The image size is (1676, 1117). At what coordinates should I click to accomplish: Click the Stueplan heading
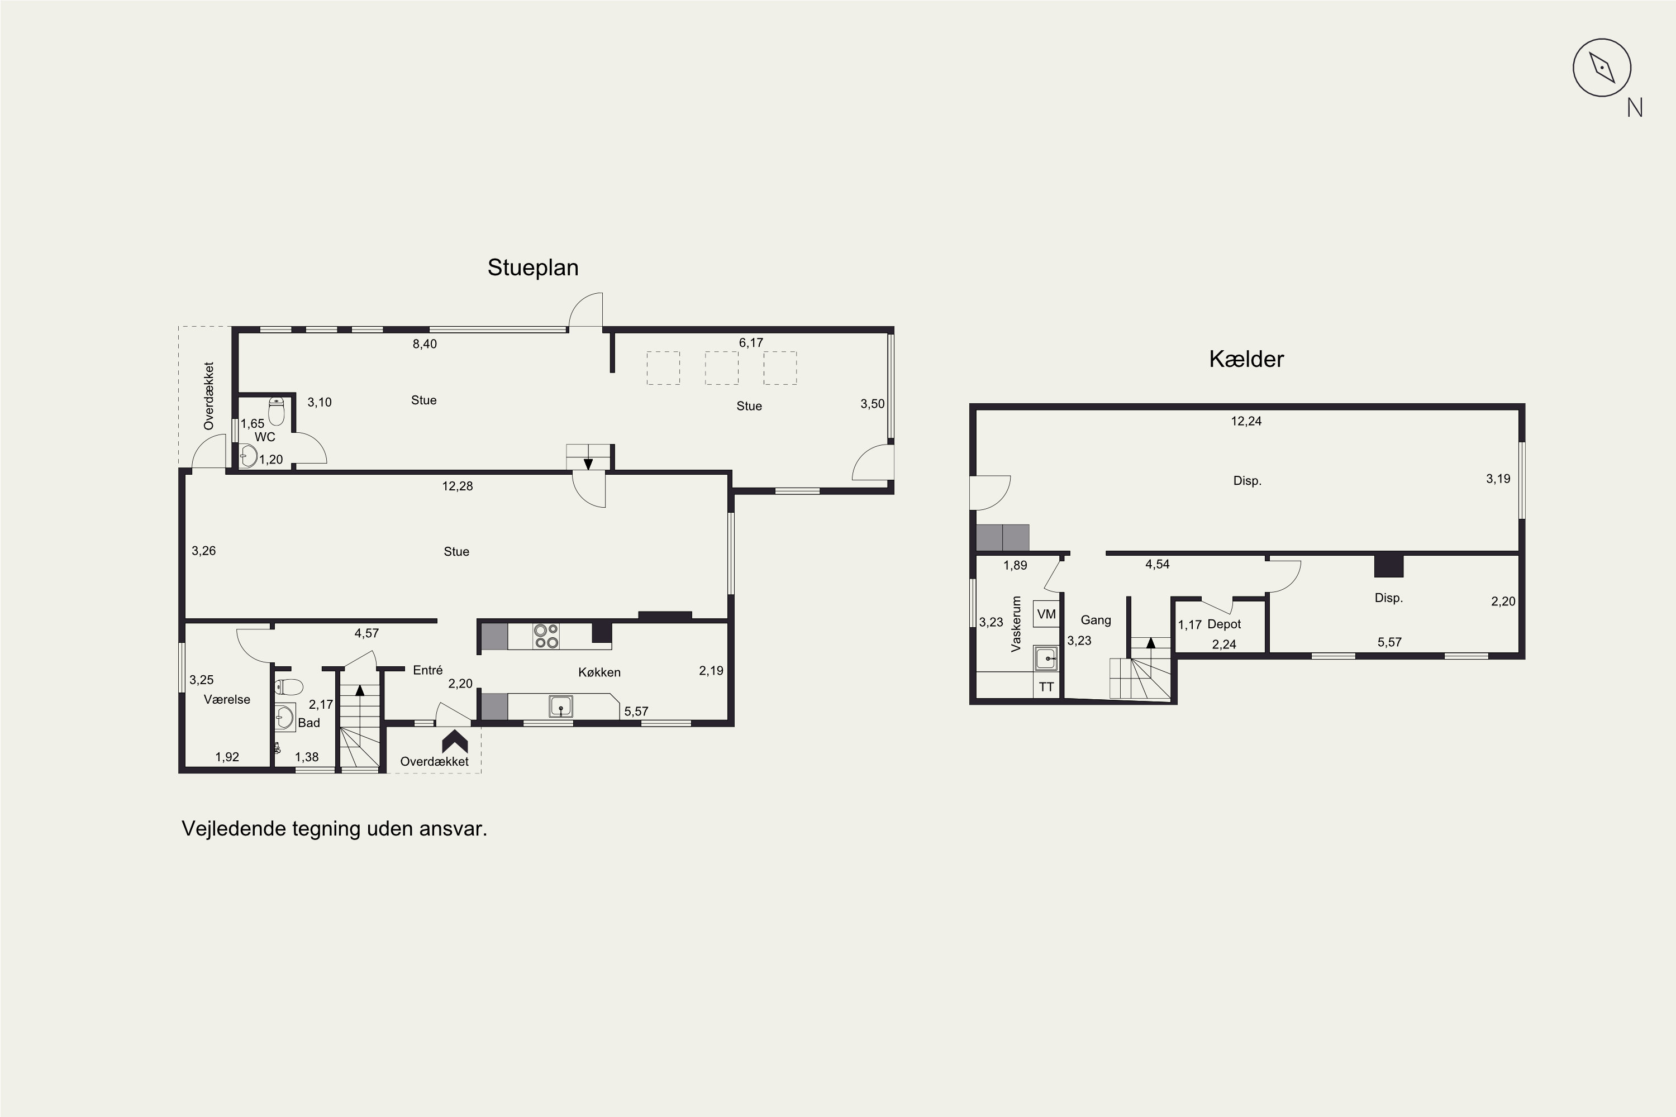pyautogui.click(x=533, y=268)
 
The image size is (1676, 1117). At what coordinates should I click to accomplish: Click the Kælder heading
pyautogui.click(x=1246, y=359)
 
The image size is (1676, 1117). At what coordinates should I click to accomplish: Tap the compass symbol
pyautogui.click(x=1602, y=68)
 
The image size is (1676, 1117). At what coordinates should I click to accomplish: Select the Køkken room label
pyautogui.click(x=599, y=672)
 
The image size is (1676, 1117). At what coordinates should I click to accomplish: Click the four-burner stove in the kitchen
pyautogui.click(x=546, y=636)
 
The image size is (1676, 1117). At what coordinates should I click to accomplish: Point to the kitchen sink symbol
pyautogui.click(x=561, y=707)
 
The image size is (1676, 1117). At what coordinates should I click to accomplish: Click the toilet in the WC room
pyautogui.click(x=277, y=412)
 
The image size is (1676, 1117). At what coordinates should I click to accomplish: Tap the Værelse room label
pyautogui.click(x=227, y=700)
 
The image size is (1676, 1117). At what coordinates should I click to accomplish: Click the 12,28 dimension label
pyautogui.click(x=458, y=486)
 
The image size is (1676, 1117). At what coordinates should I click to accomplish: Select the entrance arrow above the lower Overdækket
pyautogui.click(x=455, y=741)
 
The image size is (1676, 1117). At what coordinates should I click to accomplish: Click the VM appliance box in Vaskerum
pyautogui.click(x=1046, y=613)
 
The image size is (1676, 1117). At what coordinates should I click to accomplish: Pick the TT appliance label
pyautogui.click(x=1046, y=687)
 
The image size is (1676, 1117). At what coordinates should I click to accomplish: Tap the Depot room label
pyautogui.click(x=1224, y=624)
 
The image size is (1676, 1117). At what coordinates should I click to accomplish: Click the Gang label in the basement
pyautogui.click(x=1096, y=620)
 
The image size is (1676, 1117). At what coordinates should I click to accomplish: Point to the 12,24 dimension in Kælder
pyautogui.click(x=1246, y=421)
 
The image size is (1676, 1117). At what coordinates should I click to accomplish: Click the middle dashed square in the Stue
pyautogui.click(x=722, y=367)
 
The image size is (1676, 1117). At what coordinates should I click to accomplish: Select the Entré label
pyautogui.click(x=427, y=670)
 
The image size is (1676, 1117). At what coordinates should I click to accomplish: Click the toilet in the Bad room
pyautogui.click(x=289, y=687)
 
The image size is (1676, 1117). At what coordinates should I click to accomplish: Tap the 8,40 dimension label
pyautogui.click(x=425, y=344)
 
